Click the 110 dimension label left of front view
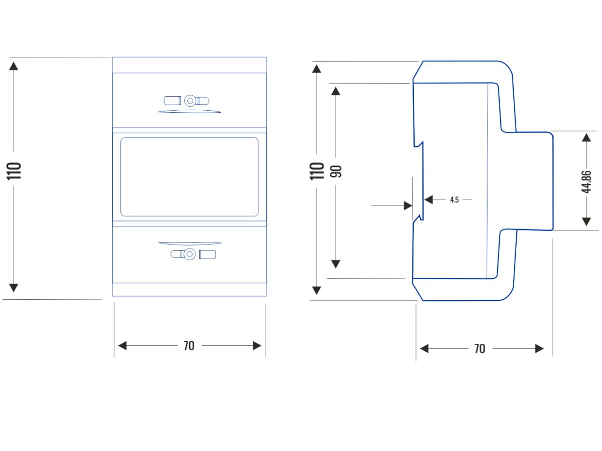[x=14, y=171]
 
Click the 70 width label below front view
[x=189, y=346]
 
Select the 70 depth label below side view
[x=480, y=349]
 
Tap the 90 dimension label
[x=336, y=171]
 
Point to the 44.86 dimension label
[x=586, y=182]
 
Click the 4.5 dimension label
[x=455, y=199]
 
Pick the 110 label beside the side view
[x=317, y=171]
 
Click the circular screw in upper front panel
[x=190, y=101]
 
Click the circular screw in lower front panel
[x=189, y=254]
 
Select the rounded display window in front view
[x=190, y=177]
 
